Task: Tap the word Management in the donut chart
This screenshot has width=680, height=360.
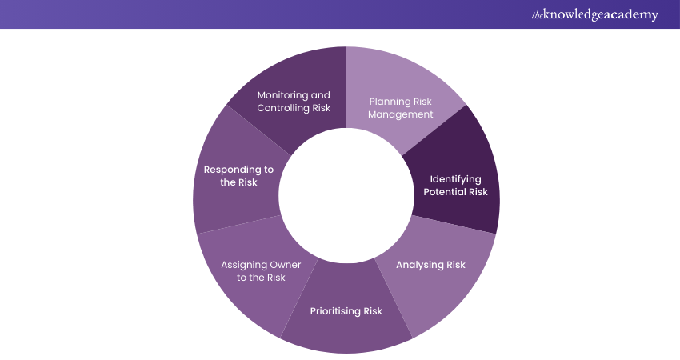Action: point(401,114)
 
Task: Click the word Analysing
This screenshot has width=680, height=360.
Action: point(418,264)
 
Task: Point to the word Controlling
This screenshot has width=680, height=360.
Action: point(284,107)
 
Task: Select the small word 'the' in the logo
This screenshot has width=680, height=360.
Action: point(536,14)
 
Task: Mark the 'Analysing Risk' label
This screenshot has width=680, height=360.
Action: point(430,264)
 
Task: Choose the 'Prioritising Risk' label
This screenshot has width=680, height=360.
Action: point(346,310)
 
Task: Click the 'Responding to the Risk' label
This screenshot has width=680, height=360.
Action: point(238,175)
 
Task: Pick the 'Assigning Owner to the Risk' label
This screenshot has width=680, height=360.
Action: point(253,270)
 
